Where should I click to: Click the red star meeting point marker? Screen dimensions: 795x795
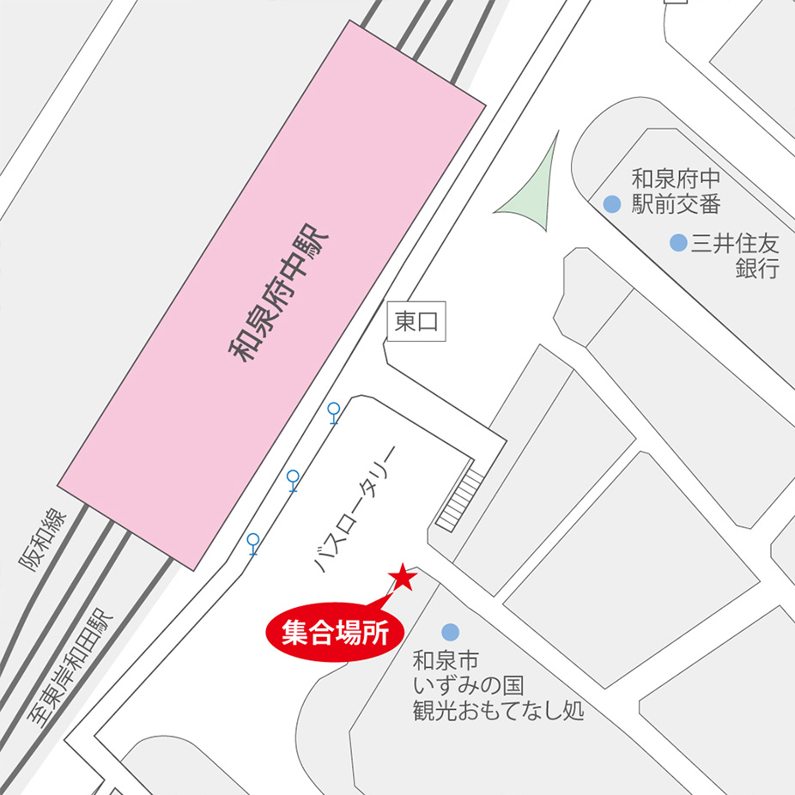(403, 577)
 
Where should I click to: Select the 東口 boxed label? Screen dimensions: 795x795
(416, 321)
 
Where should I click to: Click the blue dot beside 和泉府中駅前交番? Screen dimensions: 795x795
(612, 203)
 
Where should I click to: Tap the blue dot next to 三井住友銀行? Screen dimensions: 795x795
(678, 243)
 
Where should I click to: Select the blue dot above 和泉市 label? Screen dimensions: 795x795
(450, 632)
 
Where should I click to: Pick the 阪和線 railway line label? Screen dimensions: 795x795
(41, 539)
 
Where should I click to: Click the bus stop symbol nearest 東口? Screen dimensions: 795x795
(334, 413)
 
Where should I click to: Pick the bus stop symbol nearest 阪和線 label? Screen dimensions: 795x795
(253, 543)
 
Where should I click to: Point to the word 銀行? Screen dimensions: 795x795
(757, 268)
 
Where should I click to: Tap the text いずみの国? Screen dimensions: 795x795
(468, 686)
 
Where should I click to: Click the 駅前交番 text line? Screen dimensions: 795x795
(676, 203)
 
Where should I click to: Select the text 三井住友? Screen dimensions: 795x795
(735, 243)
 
